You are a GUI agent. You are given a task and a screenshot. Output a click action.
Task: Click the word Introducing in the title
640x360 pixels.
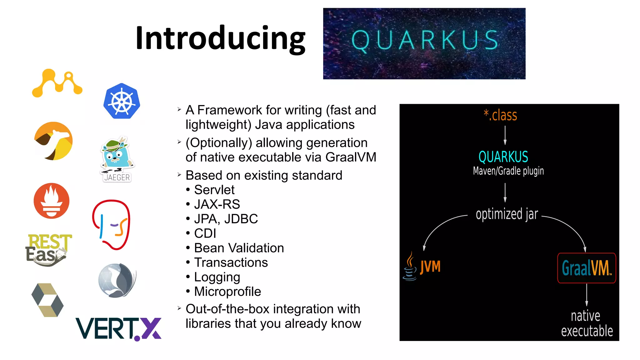[220, 38]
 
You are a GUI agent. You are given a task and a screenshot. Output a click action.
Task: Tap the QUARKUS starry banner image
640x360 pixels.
[424, 43]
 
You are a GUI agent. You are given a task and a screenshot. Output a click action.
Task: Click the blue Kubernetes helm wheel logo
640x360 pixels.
[122, 101]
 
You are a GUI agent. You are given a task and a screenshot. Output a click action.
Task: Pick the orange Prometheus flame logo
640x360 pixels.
[52, 201]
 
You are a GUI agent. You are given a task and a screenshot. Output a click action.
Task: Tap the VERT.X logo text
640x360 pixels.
[118, 329]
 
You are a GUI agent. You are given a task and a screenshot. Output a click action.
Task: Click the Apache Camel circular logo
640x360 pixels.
[53, 141]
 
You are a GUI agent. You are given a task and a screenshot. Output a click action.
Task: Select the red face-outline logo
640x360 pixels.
[111, 224]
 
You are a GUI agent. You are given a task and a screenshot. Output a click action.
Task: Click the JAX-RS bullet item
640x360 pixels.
[217, 204]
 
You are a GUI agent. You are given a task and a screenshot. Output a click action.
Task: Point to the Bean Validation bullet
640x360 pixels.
[239, 248]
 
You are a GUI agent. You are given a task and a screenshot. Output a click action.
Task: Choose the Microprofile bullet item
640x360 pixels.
[227, 292]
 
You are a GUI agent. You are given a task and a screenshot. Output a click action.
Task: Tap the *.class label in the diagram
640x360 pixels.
[500, 115]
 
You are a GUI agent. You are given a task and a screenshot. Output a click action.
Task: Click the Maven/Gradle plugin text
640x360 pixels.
[508, 171]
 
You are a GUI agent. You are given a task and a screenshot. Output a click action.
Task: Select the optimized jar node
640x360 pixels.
[507, 214]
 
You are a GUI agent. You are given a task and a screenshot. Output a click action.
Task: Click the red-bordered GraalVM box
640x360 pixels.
[586, 268]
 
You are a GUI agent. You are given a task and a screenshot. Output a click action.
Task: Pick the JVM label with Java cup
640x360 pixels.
[422, 267]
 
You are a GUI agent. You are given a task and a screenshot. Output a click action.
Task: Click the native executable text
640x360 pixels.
[587, 323]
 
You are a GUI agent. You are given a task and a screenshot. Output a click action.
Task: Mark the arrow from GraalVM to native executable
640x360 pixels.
[587, 295]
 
